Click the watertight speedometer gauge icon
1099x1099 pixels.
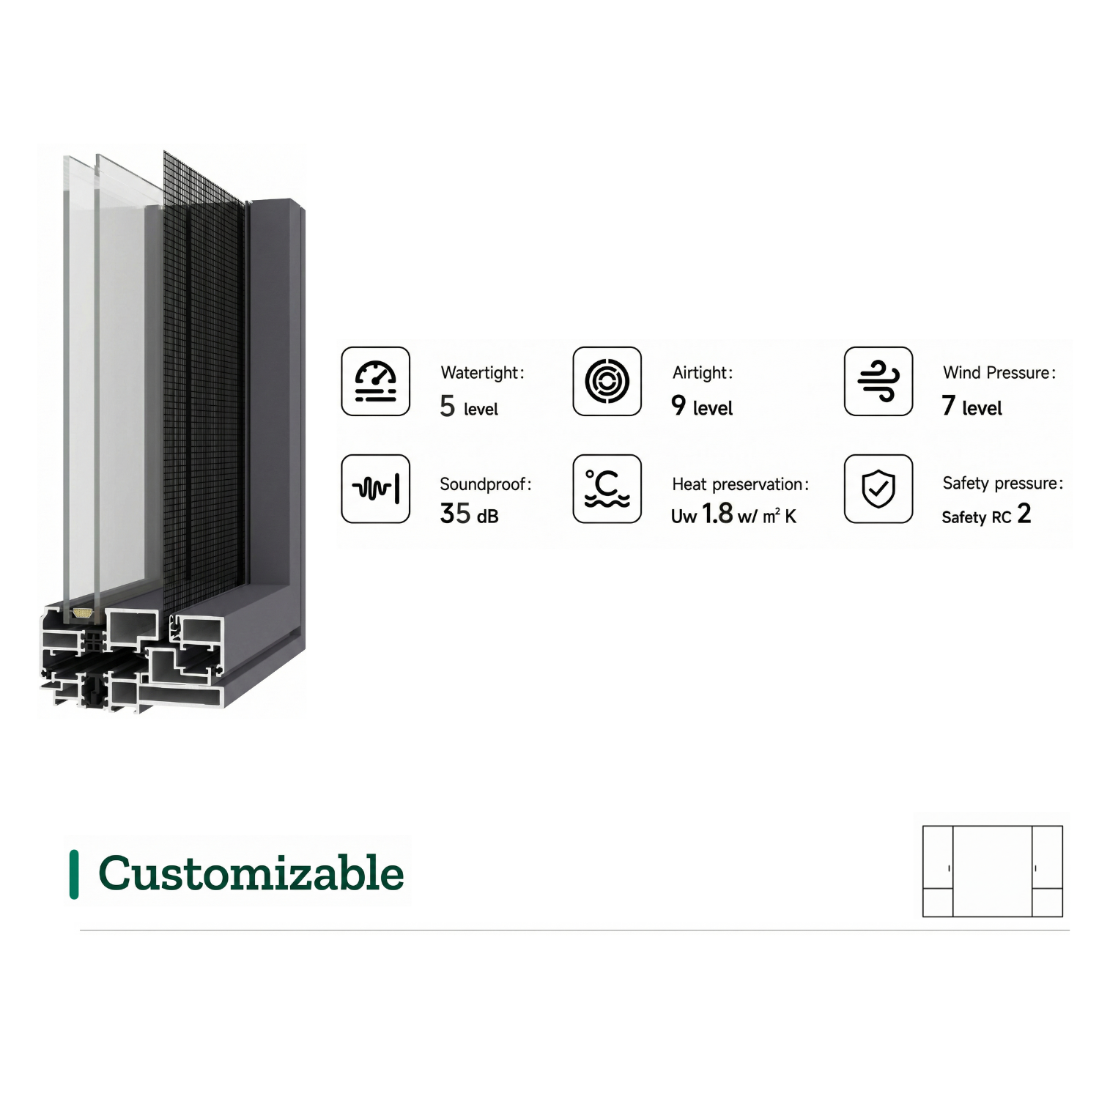coord(376,382)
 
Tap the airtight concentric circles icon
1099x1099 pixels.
coord(607,382)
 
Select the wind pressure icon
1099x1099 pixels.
coord(878,382)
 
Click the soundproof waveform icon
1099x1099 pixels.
coord(376,489)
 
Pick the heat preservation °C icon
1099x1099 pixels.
coord(607,489)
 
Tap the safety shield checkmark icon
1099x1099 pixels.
coord(878,489)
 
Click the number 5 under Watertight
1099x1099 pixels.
coord(448,406)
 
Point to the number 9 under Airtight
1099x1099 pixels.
coord(678,405)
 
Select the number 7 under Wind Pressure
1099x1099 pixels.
coord(949,405)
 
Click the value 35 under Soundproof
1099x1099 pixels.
coord(455,513)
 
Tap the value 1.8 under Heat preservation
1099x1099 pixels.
coord(717,513)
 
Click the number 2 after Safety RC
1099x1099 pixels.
coord(1024,513)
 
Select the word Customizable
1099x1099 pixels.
coord(251,873)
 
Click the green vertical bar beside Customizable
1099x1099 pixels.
coord(74,874)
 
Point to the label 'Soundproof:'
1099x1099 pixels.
coord(486,484)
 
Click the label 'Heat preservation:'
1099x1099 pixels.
coord(741,484)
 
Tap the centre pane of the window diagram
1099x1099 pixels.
coord(993,871)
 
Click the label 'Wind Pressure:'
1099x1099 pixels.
coord(999,372)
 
